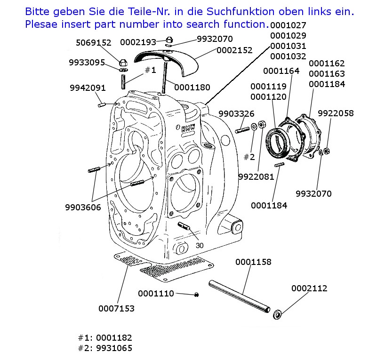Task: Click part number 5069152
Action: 94,43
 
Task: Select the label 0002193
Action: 138,42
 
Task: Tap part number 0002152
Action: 234,50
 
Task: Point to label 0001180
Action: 192,87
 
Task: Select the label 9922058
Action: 336,113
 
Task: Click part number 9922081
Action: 256,177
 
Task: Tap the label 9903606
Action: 83,207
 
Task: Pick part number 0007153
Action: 116,309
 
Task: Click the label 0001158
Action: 253,262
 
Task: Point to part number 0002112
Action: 309,288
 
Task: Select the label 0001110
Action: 156,294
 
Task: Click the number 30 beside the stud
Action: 200,245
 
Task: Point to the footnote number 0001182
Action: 114,338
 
